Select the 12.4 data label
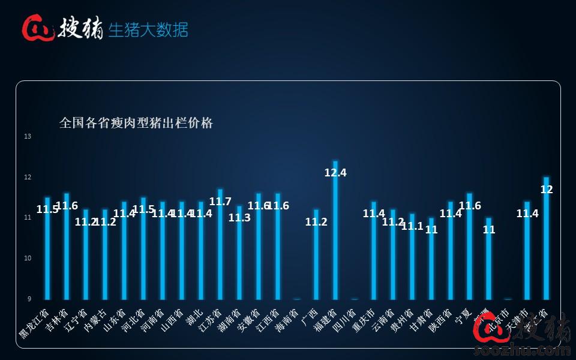pyautogui.click(x=335, y=173)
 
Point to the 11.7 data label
pyautogui.click(x=220, y=202)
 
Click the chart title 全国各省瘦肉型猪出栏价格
pyautogui.click(x=136, y=123)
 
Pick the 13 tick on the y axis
pyautogui.click(x=28, y=137)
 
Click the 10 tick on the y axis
pyautogui.click(x=28, y=259)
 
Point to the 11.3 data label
pyautogui.click(x=239, y=218)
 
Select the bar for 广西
pyautogui.click(x=316, y=258)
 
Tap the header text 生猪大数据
pyautogui.click(x=148, y=29)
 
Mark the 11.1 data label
pyautogui.click(x=412, y=226)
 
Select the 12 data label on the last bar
pyautogui.click(x=547, y=190)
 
